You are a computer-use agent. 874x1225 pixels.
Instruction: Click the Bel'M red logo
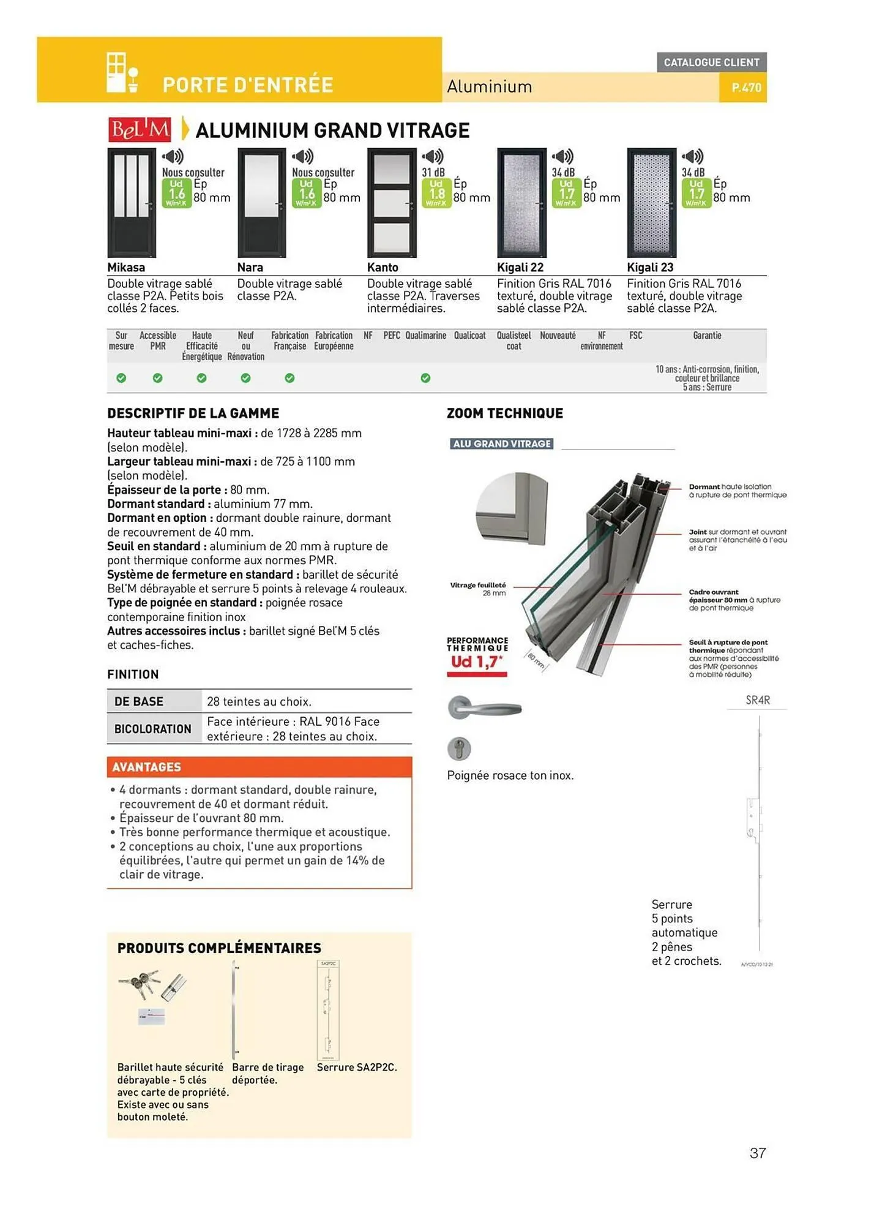(x=140, y=130)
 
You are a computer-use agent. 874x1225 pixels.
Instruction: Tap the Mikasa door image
(x=132, y=203)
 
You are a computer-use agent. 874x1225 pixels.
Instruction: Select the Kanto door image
(x=392, y=203)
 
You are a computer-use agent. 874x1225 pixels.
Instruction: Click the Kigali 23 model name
(x=650, y=268)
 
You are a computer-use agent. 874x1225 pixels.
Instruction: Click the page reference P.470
(x=746, y=88)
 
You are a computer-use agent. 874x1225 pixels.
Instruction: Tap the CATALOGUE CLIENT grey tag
(x=711, y=62)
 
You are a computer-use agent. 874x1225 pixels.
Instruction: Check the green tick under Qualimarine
(x=425, y=379)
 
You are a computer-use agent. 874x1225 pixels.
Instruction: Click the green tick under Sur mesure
(x=121, y=379)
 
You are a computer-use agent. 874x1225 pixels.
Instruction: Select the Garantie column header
(x=707, y=336)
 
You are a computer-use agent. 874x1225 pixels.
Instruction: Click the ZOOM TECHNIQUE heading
(x=505, y=413)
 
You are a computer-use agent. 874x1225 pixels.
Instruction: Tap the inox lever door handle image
(x=484, y=709)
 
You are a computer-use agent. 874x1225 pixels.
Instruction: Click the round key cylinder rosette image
(x=459, y=748)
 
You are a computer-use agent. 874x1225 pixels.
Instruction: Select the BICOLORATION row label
(x=153, y=729)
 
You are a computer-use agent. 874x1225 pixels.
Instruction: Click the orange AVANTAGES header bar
(x=259, y=767)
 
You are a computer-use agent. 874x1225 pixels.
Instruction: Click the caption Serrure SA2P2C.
(x=357, y=1068)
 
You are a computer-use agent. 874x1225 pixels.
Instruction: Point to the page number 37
(x=758, y=1153)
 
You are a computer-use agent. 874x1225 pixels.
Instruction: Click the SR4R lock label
(x=758, y=700)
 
